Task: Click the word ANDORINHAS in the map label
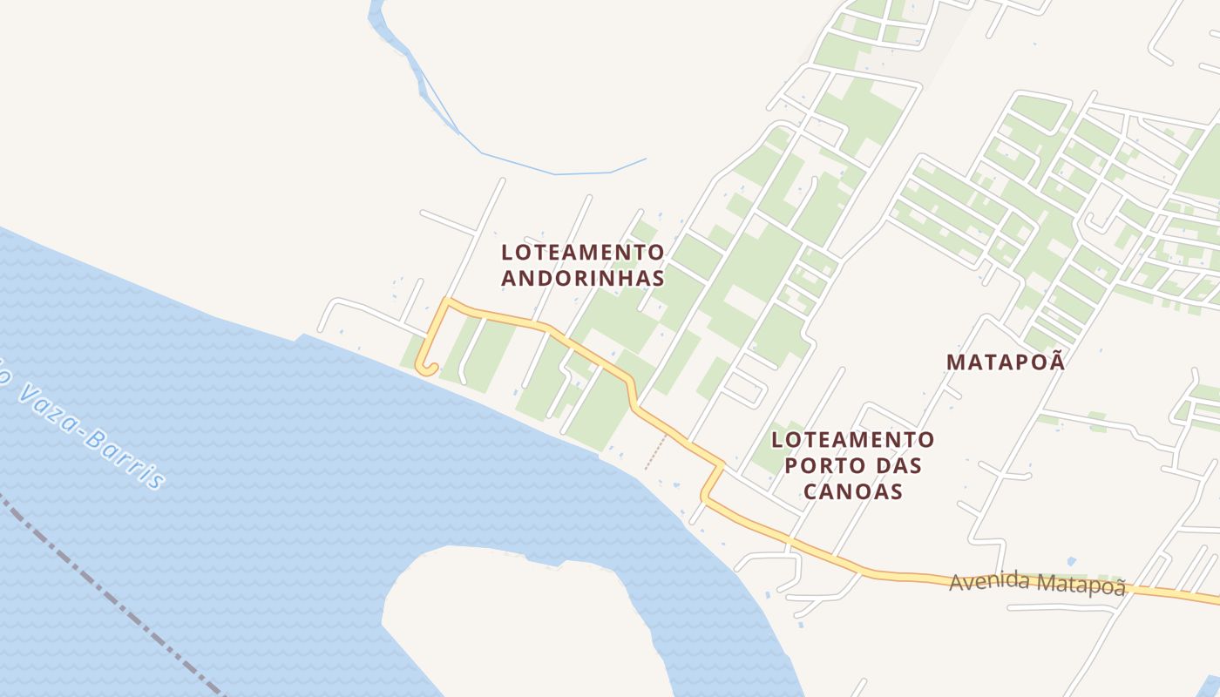pyautogui.click(x=582, y=278)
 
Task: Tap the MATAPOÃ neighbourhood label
pyautogui.click(x=1006, y=362)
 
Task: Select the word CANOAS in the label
pyautogui.click(x=852, y=491)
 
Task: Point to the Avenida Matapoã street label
pyautogui.click(x=1037, y=584)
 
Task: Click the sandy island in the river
pyautogui.click(x=514, y=619)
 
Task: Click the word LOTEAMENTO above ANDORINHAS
pyautogui.click(x=582, y=253)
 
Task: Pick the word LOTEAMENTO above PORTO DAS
pyautogui.click(x=852, y=439)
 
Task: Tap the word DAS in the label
pyautogui.click(x=898, y=465)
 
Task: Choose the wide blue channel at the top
pyautogui.click(x=383, y=26)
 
